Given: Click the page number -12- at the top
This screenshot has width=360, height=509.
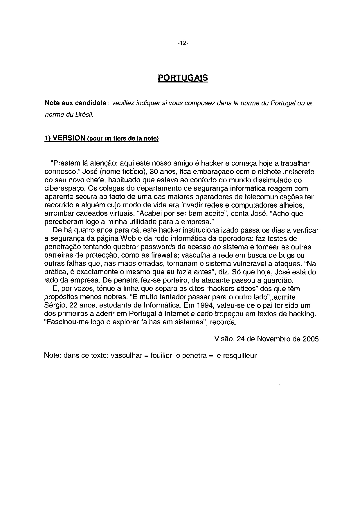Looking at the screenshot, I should click(x=183, y=43).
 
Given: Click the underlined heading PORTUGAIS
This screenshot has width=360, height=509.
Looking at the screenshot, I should click(x=183, y=78).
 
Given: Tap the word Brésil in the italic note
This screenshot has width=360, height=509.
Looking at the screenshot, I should click(x=84, y=115).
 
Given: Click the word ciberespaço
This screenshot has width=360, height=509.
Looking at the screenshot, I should click(x=64, y=189).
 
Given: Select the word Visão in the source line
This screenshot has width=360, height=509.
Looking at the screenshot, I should click(x=224, y=339).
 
